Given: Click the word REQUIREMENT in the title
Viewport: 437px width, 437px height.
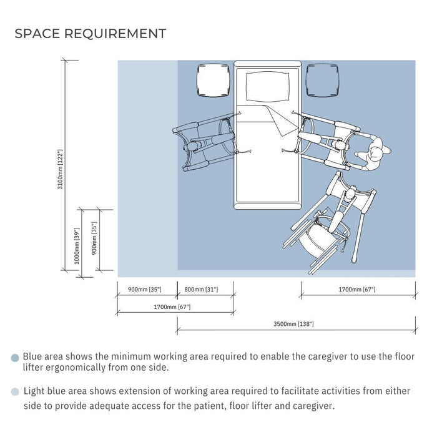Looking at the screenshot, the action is click(x=115, y=34).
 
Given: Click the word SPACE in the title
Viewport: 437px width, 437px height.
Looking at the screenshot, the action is click(x=37, y=34).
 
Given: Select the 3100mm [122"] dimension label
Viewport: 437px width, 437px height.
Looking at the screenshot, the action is click(x=60, y=169).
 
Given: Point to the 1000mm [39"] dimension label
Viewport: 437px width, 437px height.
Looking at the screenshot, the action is click(x=77, y=246).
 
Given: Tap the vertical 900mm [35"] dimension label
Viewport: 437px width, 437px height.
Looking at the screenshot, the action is click(x=94, y=238).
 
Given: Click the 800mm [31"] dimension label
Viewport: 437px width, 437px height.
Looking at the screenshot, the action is click(x=201, y=290).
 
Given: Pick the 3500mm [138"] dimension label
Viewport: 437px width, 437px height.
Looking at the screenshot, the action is click(x=293, y=324).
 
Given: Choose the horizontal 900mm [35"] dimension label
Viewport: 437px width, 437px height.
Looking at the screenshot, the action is click(x=144, y=290).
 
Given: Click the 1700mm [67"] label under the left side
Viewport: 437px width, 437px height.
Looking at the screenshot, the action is click(x=172, y=307).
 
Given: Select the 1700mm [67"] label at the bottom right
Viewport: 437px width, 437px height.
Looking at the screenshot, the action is click(x=356, y=290).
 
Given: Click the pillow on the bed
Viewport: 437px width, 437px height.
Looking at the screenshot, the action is click(x=267, y=86).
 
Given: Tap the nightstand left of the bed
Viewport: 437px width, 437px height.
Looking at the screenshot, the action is click(x=214, y=81).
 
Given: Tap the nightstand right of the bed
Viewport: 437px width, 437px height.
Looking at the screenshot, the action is click(x=323, y=81).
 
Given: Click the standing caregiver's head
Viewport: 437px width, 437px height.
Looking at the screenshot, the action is click(x=376, y=153).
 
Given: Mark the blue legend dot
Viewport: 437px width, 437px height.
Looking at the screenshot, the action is click(x=15, y=358).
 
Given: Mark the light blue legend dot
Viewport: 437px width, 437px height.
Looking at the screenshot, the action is click(x=15, y=392).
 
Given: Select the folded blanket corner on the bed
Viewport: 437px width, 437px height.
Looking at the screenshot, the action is click(x=280, y=120).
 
